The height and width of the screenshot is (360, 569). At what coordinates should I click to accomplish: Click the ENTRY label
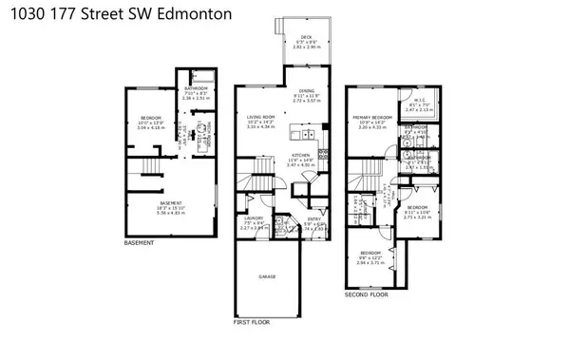click(314, 220)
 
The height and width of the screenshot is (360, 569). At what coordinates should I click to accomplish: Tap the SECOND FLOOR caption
click(367, 294)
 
